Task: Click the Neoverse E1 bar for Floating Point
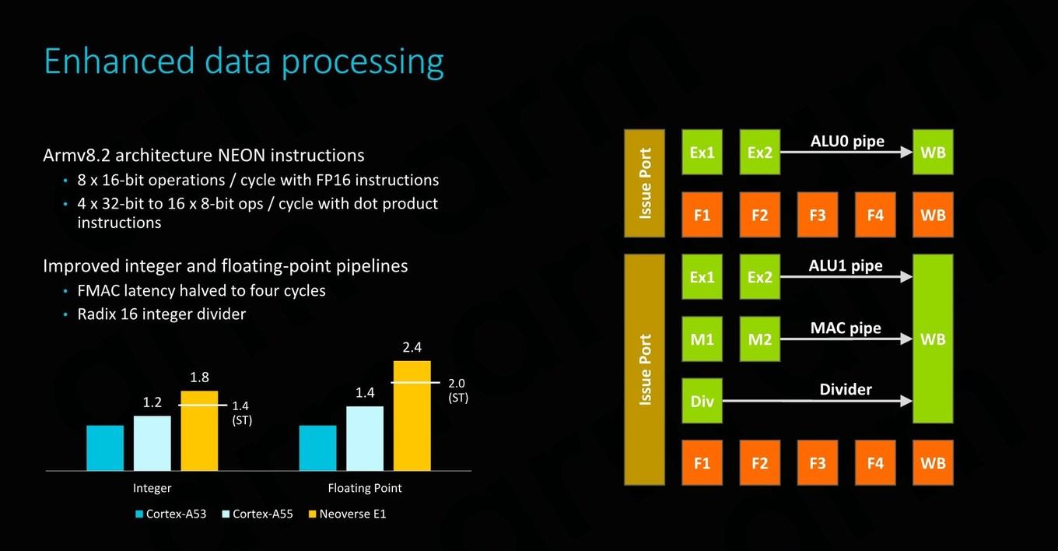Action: (412, 416)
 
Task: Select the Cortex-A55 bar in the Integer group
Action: (152, 444)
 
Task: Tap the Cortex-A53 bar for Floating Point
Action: (318, 448)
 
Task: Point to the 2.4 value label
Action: (412, 347)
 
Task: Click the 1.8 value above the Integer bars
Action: (199, 377)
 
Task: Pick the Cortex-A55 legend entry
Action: (257, 514)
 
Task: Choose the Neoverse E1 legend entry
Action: (347, 514)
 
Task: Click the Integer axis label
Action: (152, 488)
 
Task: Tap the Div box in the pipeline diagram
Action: (702, 401)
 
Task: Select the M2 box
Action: (759, 339)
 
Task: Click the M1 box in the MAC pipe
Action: (702, 339)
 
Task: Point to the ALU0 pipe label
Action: (847, 141)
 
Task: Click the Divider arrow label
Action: (846, 389)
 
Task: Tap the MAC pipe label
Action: (846, 328)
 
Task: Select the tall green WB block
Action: (933, 339)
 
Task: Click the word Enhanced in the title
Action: (119, 61)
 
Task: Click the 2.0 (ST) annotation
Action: (457, 390)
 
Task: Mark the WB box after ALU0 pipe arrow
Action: (933, 153)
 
